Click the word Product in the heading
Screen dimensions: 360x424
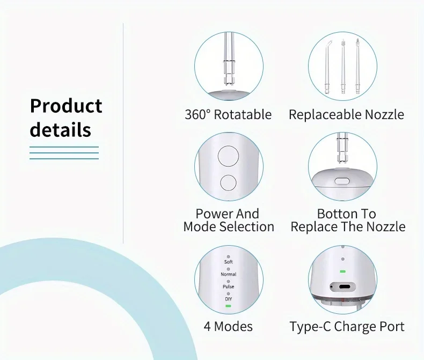click(65, 106)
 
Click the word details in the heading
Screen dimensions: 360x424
click(60, 130)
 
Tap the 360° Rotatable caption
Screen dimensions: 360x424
click(228, 114)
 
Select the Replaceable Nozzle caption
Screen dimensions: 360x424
click(346, 114)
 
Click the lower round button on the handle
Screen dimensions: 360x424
click(228, 182)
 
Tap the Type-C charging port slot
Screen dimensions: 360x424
click(343, 286)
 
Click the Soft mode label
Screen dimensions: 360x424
click(228, 262)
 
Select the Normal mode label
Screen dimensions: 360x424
click(228, 274)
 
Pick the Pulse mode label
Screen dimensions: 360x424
click(228, 286)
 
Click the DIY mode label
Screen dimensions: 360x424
click(228, 298)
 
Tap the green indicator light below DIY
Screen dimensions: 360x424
click(228, 306)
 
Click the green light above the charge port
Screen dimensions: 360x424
click(342, 271)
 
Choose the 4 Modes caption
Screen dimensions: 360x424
click(228, 326)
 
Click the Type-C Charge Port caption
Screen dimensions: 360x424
click(347, 326)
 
